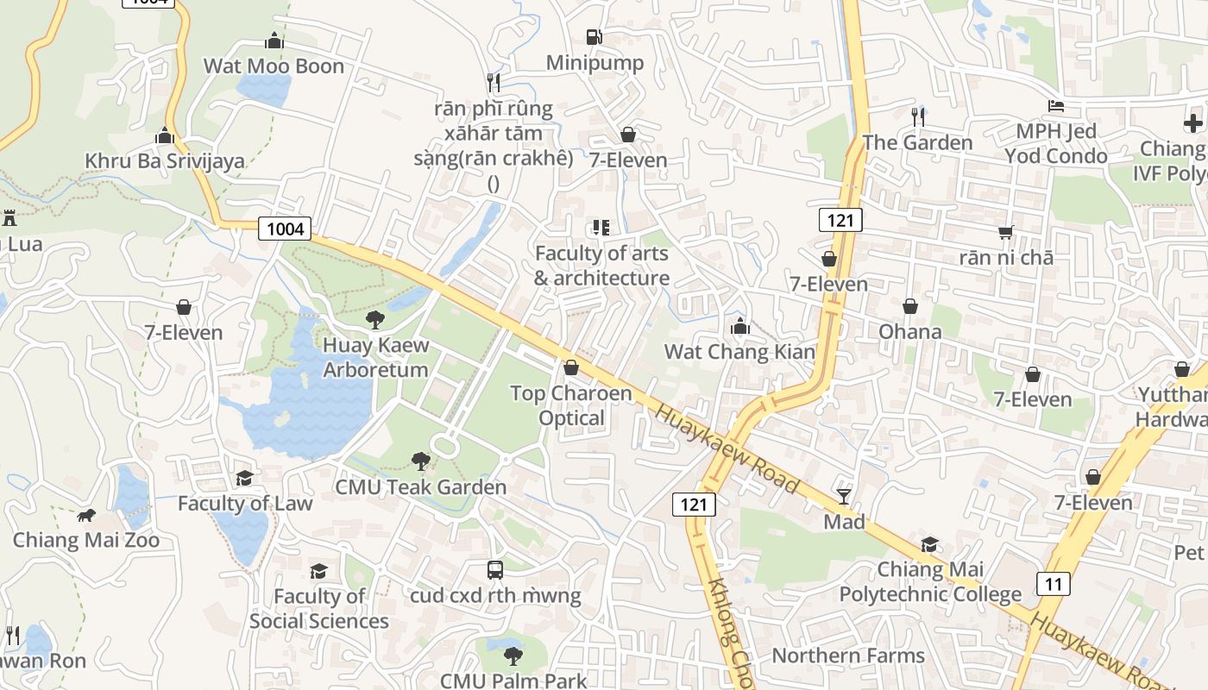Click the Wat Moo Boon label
coord(274,66)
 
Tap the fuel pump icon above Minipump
coord(595,37)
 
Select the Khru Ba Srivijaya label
coord(165,160)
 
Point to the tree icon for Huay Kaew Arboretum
coord(375,320)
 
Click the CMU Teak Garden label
coord(421,486)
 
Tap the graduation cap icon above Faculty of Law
coord(245,478)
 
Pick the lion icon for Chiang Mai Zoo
coord(86,516)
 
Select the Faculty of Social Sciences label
coord(319,608)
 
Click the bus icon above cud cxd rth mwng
coord(495,570)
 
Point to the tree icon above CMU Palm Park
coord(513,655)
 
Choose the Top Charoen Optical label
coord(571,405)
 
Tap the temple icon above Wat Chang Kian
coord(739,327)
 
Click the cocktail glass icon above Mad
coord(844,497)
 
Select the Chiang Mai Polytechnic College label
coord(930,581)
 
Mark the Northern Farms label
coord(848,655)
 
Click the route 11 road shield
coord(1054,583)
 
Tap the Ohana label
coord(910,331)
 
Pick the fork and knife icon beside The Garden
coord(918,116)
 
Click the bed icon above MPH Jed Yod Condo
coord(1056,107)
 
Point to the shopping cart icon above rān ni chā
coord(1005,232)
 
